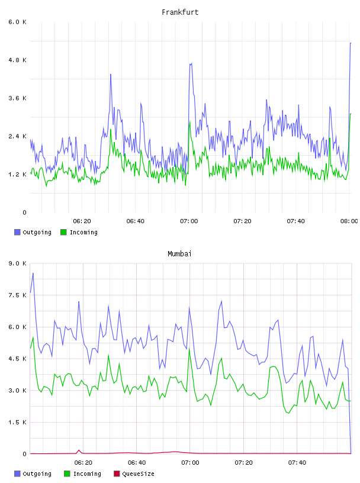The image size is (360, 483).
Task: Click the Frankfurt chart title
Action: [180, 12]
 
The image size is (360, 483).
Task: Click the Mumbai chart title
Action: [179, 254]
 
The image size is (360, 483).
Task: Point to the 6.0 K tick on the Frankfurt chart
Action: [17, 22]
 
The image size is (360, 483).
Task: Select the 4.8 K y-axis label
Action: [17, 60]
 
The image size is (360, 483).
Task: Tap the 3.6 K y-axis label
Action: [17, 98]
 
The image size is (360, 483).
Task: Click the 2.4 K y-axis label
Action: [17, 137]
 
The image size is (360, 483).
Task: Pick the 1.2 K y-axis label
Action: [17, 175]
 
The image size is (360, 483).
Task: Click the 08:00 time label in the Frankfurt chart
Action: [349, 221]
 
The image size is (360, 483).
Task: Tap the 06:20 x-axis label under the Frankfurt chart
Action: [82, 221]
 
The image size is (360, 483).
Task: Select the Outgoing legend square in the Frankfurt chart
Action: [17, 232]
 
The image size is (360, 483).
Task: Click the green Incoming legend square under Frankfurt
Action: [63, 232]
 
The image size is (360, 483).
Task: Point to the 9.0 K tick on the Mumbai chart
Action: [17, 263]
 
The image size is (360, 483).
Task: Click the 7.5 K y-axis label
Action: [17, 295]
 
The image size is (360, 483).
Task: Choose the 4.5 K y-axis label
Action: [17, 359]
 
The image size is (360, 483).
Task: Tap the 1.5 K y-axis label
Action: [17, 422]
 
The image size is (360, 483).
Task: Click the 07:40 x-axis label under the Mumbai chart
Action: [297, 463]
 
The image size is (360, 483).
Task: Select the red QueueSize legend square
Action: [117, 474]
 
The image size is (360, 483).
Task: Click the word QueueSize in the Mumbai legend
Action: [138, 474]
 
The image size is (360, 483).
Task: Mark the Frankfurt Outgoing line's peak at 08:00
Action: [351, 43]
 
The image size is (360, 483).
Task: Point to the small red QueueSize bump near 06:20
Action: [79, 450]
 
